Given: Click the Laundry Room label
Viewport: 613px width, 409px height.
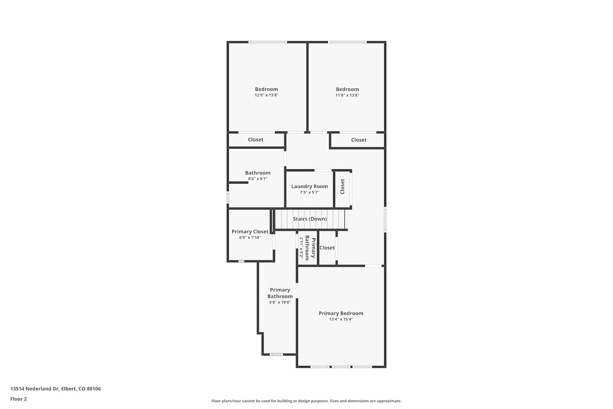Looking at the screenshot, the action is click(309, 186).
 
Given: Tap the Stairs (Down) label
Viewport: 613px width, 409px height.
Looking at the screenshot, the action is click(310, 219).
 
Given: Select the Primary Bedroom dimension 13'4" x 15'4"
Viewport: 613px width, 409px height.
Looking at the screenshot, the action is click(341, 319).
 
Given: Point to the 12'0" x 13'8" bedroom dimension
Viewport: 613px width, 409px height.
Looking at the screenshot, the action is click(266, 95).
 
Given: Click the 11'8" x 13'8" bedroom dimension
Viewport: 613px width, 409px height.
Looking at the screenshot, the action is click(347, 95).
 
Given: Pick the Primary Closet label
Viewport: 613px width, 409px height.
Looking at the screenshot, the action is click(250, 231).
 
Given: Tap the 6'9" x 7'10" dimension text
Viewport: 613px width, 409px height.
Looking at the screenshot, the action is click(250, 238).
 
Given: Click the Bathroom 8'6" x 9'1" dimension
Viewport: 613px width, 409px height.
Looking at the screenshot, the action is click(257, 179).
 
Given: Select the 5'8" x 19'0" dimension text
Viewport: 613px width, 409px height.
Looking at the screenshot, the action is click(280, 302).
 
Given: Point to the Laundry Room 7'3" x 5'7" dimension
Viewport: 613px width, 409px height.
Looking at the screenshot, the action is click(309, 192).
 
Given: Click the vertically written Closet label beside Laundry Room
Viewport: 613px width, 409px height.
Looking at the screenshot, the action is click(342, 187).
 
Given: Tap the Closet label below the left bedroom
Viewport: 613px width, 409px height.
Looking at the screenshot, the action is click(255, 139).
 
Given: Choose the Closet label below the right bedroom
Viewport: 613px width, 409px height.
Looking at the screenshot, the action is click(359, 140).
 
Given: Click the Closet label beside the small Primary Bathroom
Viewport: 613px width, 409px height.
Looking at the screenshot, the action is click(327, 247).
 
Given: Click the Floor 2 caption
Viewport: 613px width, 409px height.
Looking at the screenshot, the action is click(19, 399).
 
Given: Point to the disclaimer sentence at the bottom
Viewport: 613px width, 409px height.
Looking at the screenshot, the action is click(306, 401).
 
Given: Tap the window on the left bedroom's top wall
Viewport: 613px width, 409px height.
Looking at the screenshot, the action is click(267, 42).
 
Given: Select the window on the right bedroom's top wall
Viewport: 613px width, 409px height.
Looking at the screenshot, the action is click(347, 42).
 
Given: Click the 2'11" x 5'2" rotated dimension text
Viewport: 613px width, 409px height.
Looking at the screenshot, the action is click(301, 248).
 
